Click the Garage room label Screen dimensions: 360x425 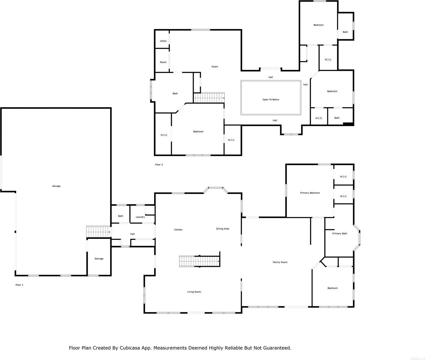pos(56,186)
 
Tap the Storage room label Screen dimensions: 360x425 pos(99,259)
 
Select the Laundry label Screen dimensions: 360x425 pos(140,217)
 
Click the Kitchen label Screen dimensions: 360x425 pos(178,230)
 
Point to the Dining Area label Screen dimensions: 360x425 pos(223,229)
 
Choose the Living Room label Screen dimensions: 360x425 pos(194,292)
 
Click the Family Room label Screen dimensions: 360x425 pos(280,262)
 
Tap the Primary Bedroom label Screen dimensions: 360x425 pos(310,193)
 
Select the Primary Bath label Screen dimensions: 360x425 pos(340,233)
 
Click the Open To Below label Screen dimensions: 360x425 pos(271,99)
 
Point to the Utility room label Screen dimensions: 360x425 pos(163,41)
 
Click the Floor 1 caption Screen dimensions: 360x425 pos(19,285)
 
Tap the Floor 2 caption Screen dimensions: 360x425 pos(159,165)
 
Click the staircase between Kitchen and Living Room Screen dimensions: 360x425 pos(199,261)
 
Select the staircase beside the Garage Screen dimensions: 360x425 pos(98,232)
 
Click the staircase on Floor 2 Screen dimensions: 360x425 pos(209,98)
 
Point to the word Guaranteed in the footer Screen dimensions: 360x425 pos(276,348)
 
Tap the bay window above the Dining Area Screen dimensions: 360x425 pos(216,188)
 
